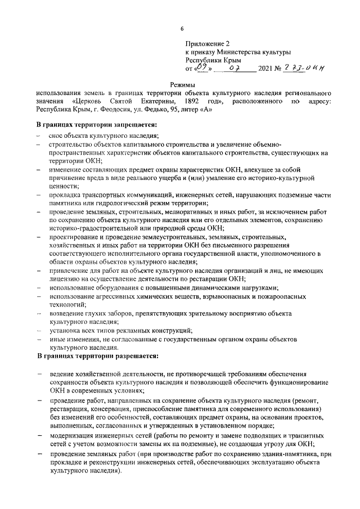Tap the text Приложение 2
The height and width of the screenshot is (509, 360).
tap(208, 43)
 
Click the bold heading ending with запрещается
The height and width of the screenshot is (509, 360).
tap(96, 124)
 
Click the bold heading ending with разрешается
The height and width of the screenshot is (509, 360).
tap(97, 356)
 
